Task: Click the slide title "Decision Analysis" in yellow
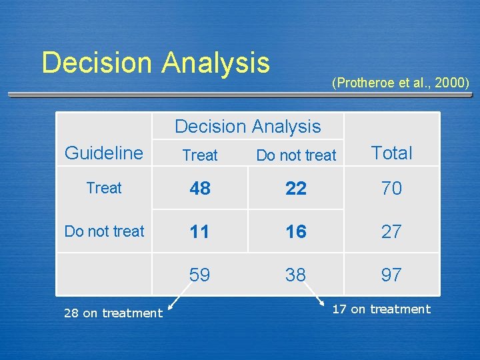tap(155, 63)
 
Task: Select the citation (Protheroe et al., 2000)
tap(400, 83)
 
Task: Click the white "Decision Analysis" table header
tap(247, 126)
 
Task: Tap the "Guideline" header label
tap(104, 153)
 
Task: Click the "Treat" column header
tap(200, 155)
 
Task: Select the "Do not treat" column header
tap(296, 155)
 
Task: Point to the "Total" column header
tap(391, 153)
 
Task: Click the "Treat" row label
tap(104, 188)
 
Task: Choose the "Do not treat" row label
tap(104, 231)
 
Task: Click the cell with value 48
tap(200, 189)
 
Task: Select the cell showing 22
tap(296, 189)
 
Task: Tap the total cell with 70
tap(391, 189)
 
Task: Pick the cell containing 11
tap(200, 232)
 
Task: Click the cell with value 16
tap(296, 232)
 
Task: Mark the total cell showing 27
tap(391, 232)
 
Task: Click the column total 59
tap(200, 275)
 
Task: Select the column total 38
tap(296, 275)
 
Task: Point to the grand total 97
tap(391, 275)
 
